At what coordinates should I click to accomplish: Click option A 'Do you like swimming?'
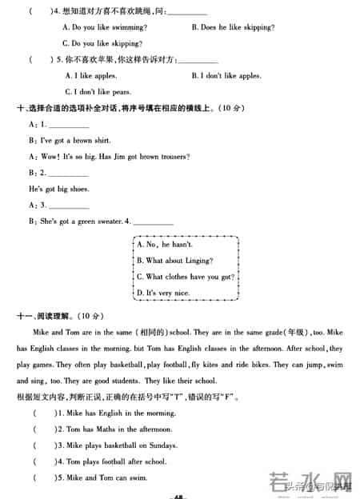pos(101,27)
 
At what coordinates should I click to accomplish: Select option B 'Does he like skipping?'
pos(234,27)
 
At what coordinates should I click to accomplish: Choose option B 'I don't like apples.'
pos(226,76)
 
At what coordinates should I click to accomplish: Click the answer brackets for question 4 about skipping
pos(37,11)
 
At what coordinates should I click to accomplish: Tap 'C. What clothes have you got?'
pos(185,277)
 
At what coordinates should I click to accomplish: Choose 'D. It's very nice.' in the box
pos(162,293)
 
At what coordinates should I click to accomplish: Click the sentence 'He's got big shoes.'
pos(58,189)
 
